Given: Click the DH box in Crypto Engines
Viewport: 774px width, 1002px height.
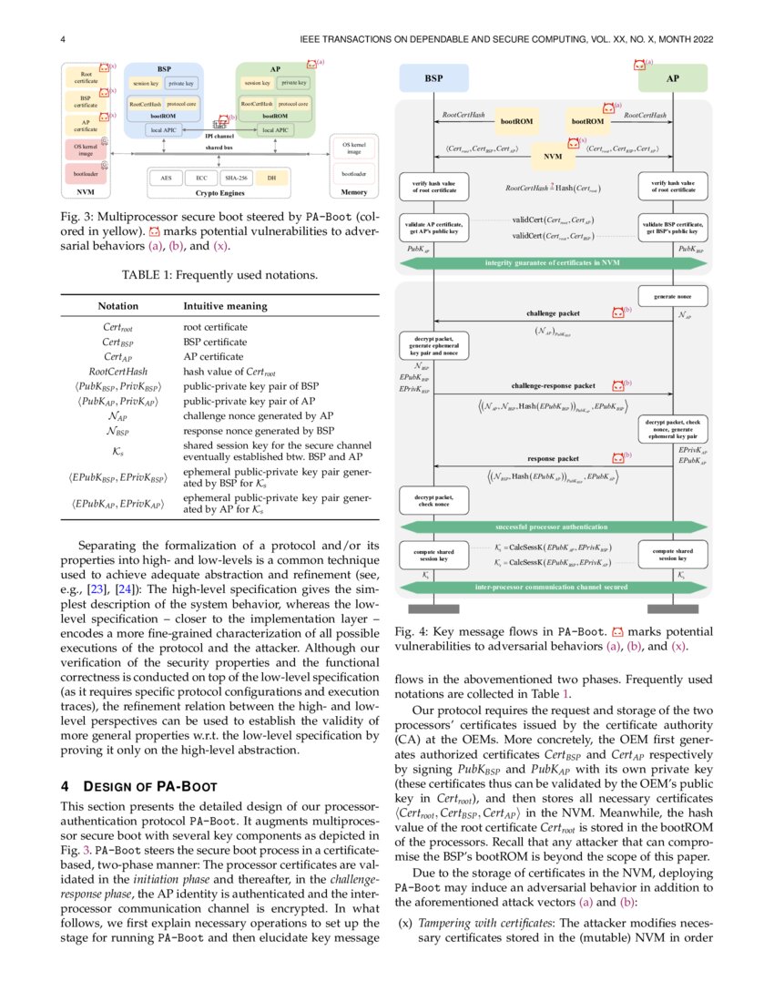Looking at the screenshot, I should (x=271, y=179).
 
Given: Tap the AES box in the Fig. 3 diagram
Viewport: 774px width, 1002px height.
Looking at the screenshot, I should (x=166, y=179).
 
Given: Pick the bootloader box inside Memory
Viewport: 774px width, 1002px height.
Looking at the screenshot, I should (x=354, y=173).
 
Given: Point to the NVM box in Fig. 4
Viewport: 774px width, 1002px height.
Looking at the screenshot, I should (x=553, y=156).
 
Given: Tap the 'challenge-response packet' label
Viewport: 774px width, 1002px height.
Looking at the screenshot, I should (x=553, y=385).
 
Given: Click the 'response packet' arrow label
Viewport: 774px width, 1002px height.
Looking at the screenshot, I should (x=553, y=458).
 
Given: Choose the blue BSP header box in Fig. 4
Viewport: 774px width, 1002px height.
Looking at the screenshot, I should (x=434, y=78).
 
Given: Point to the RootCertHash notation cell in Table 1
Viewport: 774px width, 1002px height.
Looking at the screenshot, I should (x=118, y=372).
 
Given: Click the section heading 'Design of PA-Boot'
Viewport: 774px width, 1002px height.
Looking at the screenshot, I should (x=127, y=785).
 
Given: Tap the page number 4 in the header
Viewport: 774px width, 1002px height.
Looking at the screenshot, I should (x=62, y=39).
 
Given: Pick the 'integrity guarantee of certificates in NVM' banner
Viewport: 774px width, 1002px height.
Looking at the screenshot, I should (x=553, y=263).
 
